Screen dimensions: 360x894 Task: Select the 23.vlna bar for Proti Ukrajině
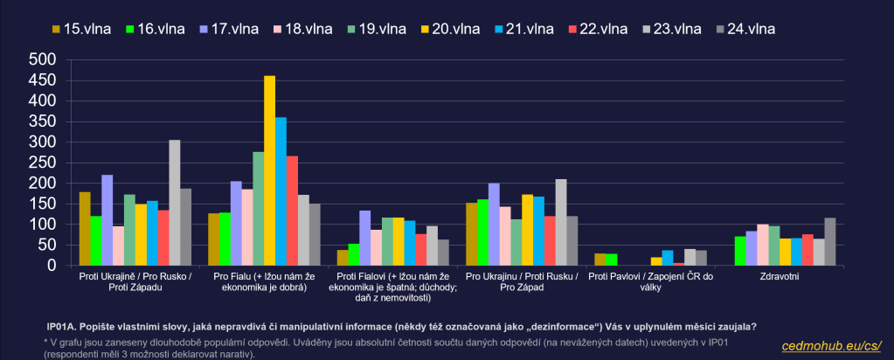tap(175, 203)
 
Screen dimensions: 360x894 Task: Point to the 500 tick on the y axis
tap(43, 59)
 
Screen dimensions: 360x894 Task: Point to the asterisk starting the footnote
tap(45, 340)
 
